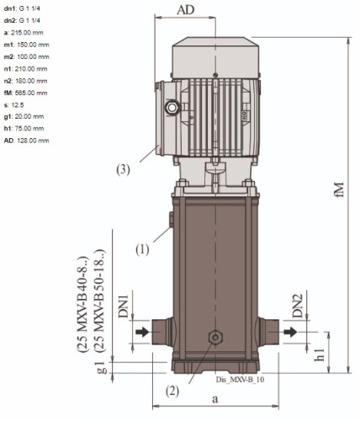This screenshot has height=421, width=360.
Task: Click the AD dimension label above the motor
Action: [185, 10]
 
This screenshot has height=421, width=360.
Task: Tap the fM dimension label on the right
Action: [339, 190]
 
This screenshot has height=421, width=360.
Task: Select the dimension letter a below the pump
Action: [214, 399]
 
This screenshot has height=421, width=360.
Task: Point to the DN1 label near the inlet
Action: [123, 306]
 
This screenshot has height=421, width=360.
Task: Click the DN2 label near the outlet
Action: [298, 306]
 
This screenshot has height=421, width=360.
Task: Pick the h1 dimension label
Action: [319, 354]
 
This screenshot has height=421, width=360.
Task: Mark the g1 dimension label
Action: [102, 368]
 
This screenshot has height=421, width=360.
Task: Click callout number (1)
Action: [142, 249]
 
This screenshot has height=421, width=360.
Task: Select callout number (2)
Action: [172, 391]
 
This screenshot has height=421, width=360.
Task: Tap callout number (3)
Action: [124, 169]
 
